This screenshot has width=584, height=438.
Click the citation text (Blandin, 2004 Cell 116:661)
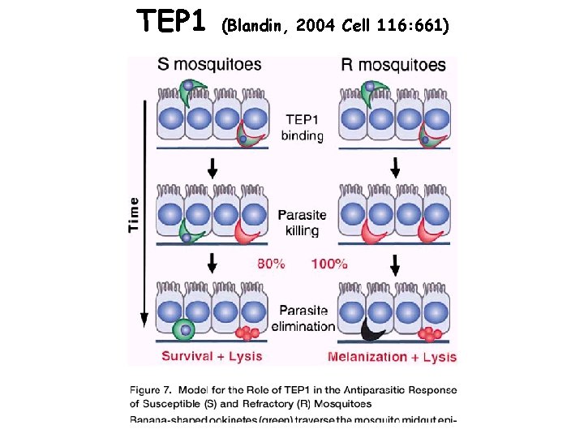[x=333, y=25]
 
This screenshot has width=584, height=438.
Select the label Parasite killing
[x=302, y=223]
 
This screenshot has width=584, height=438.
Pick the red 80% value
[x=271, y=264]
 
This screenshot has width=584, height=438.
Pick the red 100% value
[x=329, y=264]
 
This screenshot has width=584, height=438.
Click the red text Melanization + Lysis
[x=392, y=357]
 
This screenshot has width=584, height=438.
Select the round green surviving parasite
[x=185, y=330]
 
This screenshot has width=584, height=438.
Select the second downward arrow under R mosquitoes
[x=396, y=264]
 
